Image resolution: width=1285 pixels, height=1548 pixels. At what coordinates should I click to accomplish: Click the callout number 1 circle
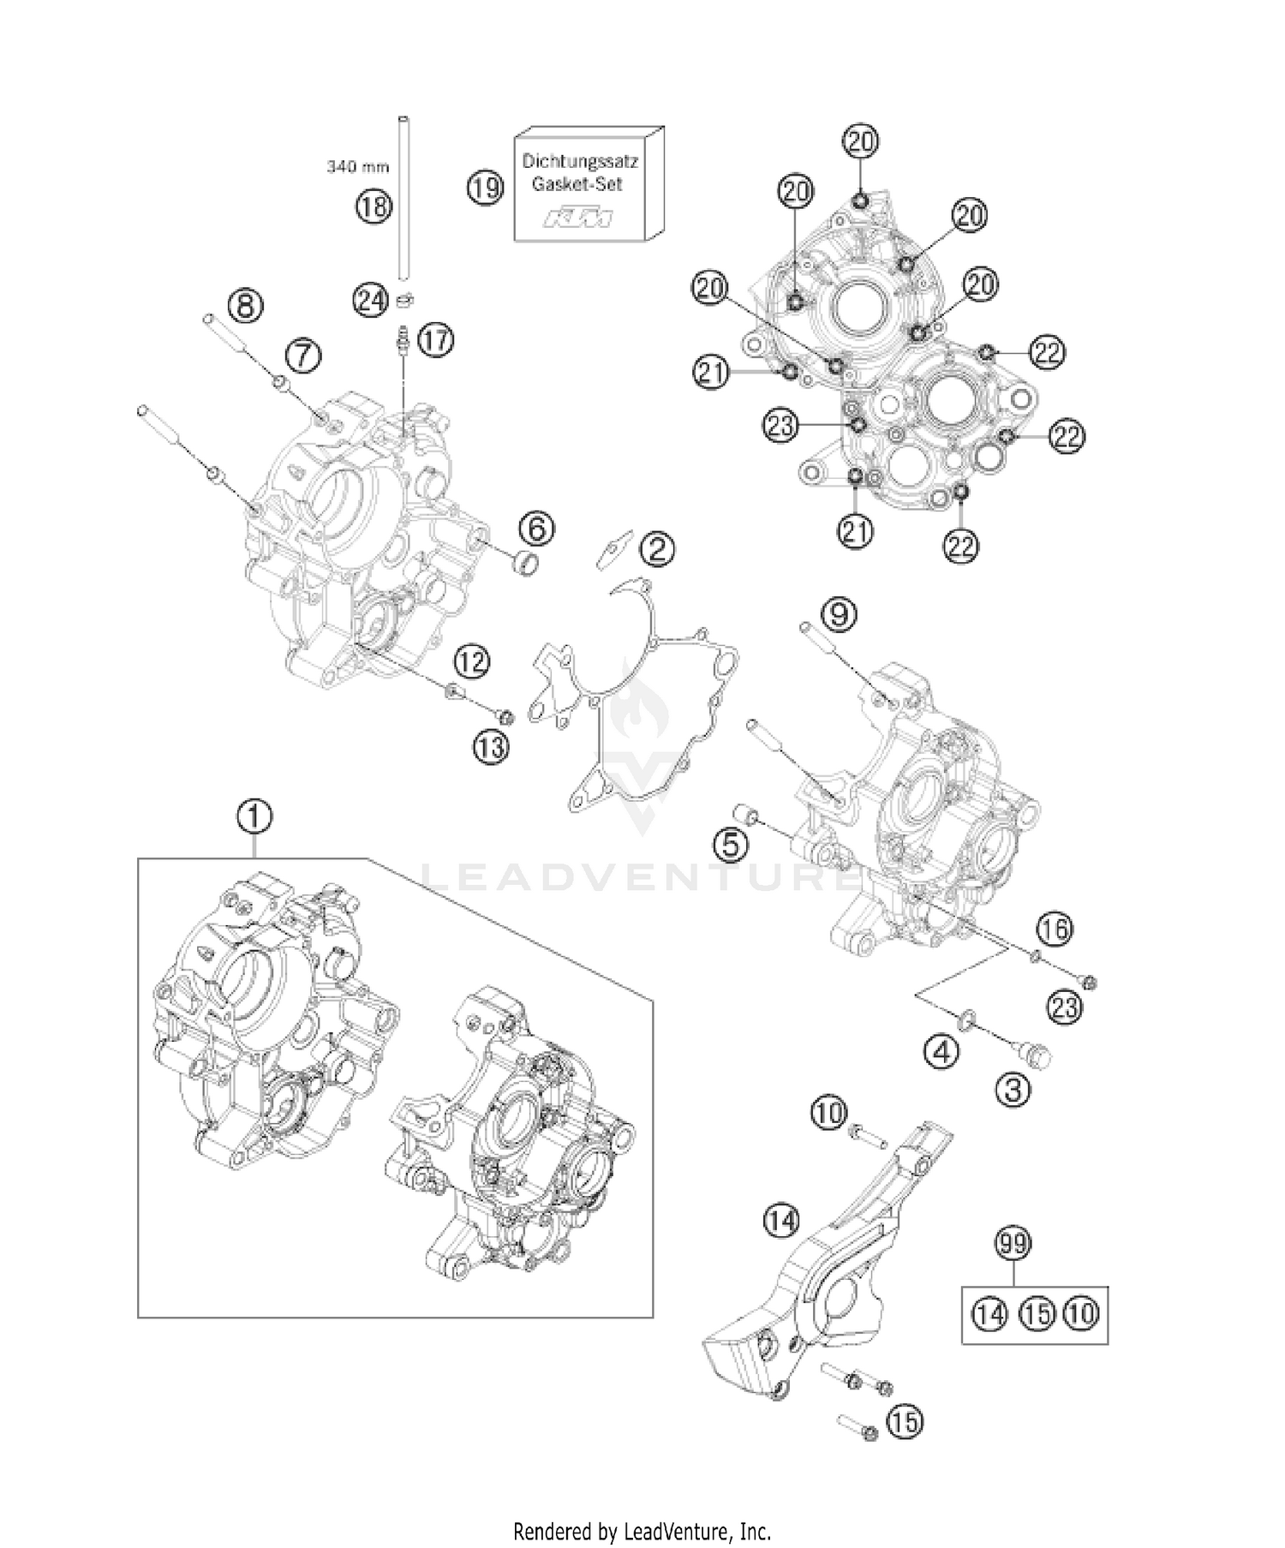tap(254, 818)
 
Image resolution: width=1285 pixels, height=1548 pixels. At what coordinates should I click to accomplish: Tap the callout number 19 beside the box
tap(486, 188)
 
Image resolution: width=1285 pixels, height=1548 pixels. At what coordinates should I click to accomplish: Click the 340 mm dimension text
tap(357, 167)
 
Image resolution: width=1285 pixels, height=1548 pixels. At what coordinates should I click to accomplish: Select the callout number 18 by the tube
tap(374, 206)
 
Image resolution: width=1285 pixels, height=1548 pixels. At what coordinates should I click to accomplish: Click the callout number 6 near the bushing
tap(536, 529)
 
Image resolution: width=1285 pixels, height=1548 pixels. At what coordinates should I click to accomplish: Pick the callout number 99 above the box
tap(1013, 1244)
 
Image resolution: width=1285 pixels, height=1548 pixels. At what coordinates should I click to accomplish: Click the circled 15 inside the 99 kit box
tap(1037, 1312)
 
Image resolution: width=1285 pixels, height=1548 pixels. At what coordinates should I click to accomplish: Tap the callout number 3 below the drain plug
tap(1013, 1090)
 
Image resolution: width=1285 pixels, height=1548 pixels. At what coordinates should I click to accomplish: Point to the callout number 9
tap(840, 614)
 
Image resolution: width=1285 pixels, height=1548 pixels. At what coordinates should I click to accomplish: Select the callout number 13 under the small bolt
tap(491, 747)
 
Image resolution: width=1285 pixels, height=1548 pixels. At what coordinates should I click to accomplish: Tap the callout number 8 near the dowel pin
tap(245, 306)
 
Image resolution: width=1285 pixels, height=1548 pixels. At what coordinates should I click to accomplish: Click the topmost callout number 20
tap(860, 141)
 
